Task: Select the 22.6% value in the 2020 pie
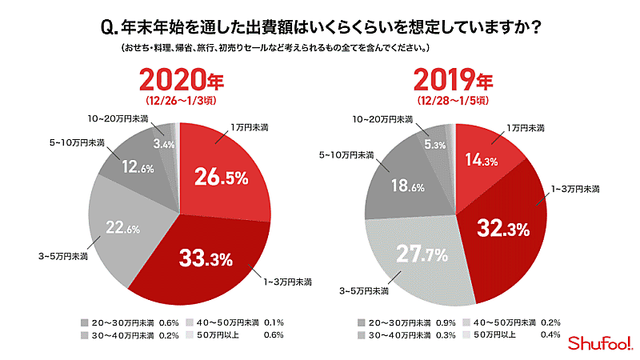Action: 124,228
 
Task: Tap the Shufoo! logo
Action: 599,342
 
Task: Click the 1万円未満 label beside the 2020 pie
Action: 250,127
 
